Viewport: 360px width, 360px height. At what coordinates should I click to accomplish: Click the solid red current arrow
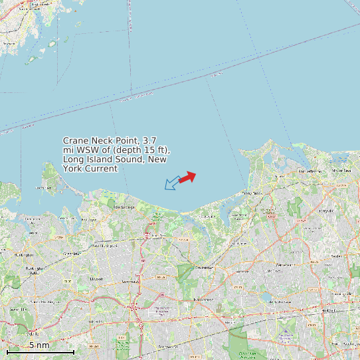pyautogui.click(x=187, y=177)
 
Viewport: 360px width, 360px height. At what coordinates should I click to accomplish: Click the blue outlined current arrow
pyautogui.click(x=172, y=183)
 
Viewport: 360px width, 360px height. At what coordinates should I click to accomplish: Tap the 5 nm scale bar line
pyautogui.click(x=40, y=351)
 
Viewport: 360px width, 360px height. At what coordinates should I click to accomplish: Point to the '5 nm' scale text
pyautogui.click(x=39, y=345)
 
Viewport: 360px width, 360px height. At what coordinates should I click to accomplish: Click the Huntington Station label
pyautogui.click(x=33, y=270)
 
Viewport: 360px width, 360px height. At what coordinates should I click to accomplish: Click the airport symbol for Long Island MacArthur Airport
pyautogui.click(x=284, y=331)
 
